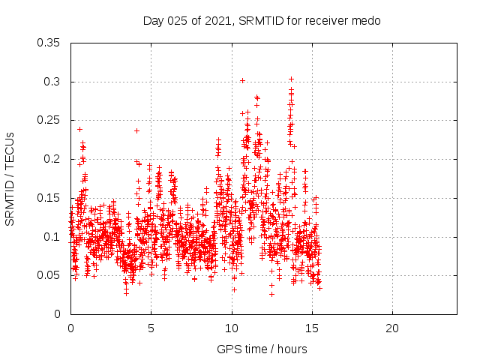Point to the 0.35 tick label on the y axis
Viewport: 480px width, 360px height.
coord(49,43)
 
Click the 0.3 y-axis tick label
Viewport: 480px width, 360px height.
coord(52,82)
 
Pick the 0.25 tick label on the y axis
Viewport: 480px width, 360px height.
coord(49,120)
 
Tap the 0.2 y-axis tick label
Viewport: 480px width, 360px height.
coord(52,159)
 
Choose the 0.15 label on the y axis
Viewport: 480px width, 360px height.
coord(49,198)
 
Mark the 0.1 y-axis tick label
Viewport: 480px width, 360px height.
coord(52,236)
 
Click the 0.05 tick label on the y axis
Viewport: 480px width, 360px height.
coord(49,275)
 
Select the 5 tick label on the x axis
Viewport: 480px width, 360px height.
coord(151,328)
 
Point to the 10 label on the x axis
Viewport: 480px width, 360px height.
coord(232,328)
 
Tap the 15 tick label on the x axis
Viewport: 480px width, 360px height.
coord(312,328)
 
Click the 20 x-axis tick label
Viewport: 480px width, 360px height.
coord(392,328)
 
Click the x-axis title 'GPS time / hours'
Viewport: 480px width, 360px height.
coord(262,349)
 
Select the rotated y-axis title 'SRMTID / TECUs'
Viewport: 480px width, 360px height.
coord(10,178)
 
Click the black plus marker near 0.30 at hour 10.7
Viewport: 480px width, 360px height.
coord(242,80)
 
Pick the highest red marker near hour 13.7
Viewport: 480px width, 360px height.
coord(291,79)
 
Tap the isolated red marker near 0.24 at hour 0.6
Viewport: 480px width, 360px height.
coord(79,129)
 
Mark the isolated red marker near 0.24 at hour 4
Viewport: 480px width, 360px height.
coord(136,130)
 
